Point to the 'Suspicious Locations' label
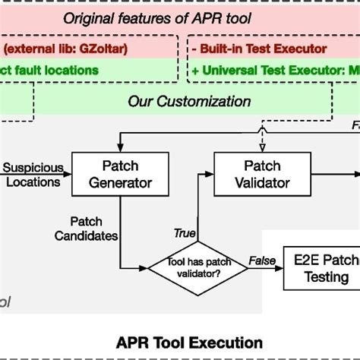pos(32,174)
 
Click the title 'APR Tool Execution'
pos(180,342)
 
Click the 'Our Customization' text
pos(189,100)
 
